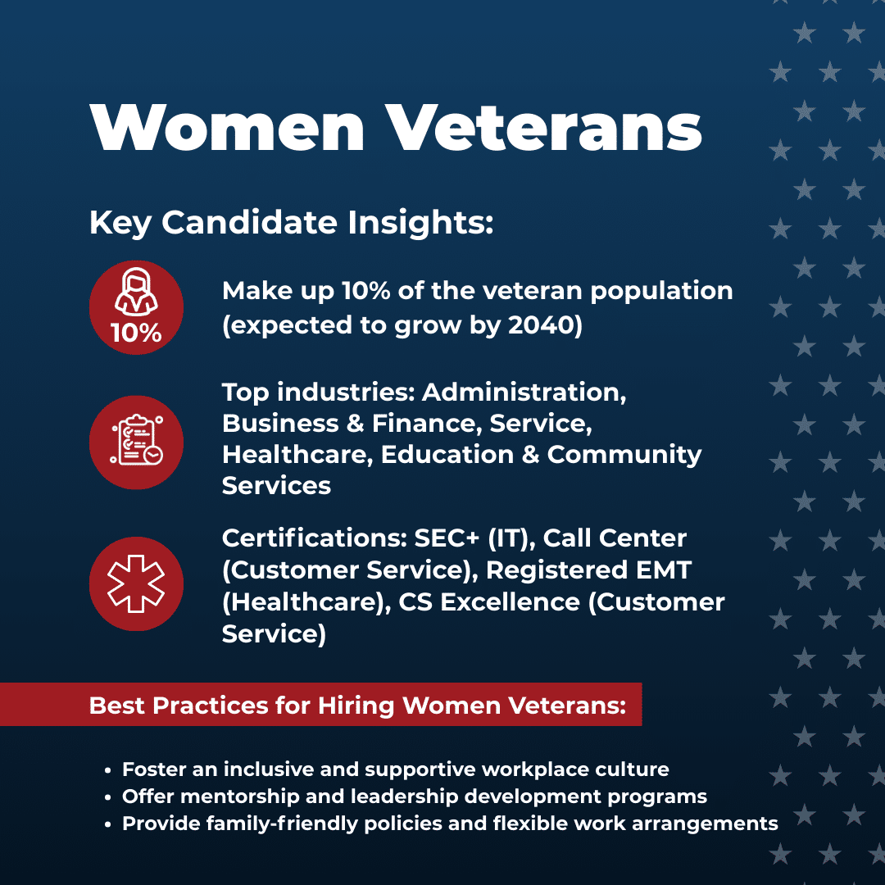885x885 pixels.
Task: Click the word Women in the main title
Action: pos(227,128)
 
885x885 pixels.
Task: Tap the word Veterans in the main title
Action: pos(544,128)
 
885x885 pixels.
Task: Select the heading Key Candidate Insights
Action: pos(291,222)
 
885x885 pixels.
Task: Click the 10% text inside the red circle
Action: pos(136,333)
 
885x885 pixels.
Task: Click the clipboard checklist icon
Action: pos(137,441)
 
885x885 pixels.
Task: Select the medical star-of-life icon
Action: pos(136,583)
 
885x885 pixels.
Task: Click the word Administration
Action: pos(524,393)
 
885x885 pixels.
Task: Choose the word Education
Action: pos(447,454)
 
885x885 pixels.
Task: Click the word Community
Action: pos(624,456)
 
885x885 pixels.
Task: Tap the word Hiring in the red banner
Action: pos(356,706)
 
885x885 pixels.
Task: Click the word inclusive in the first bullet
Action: pos(269,769)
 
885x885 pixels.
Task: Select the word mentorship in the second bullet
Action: pos(240,796)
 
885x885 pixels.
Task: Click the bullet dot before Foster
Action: pos(108,770)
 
